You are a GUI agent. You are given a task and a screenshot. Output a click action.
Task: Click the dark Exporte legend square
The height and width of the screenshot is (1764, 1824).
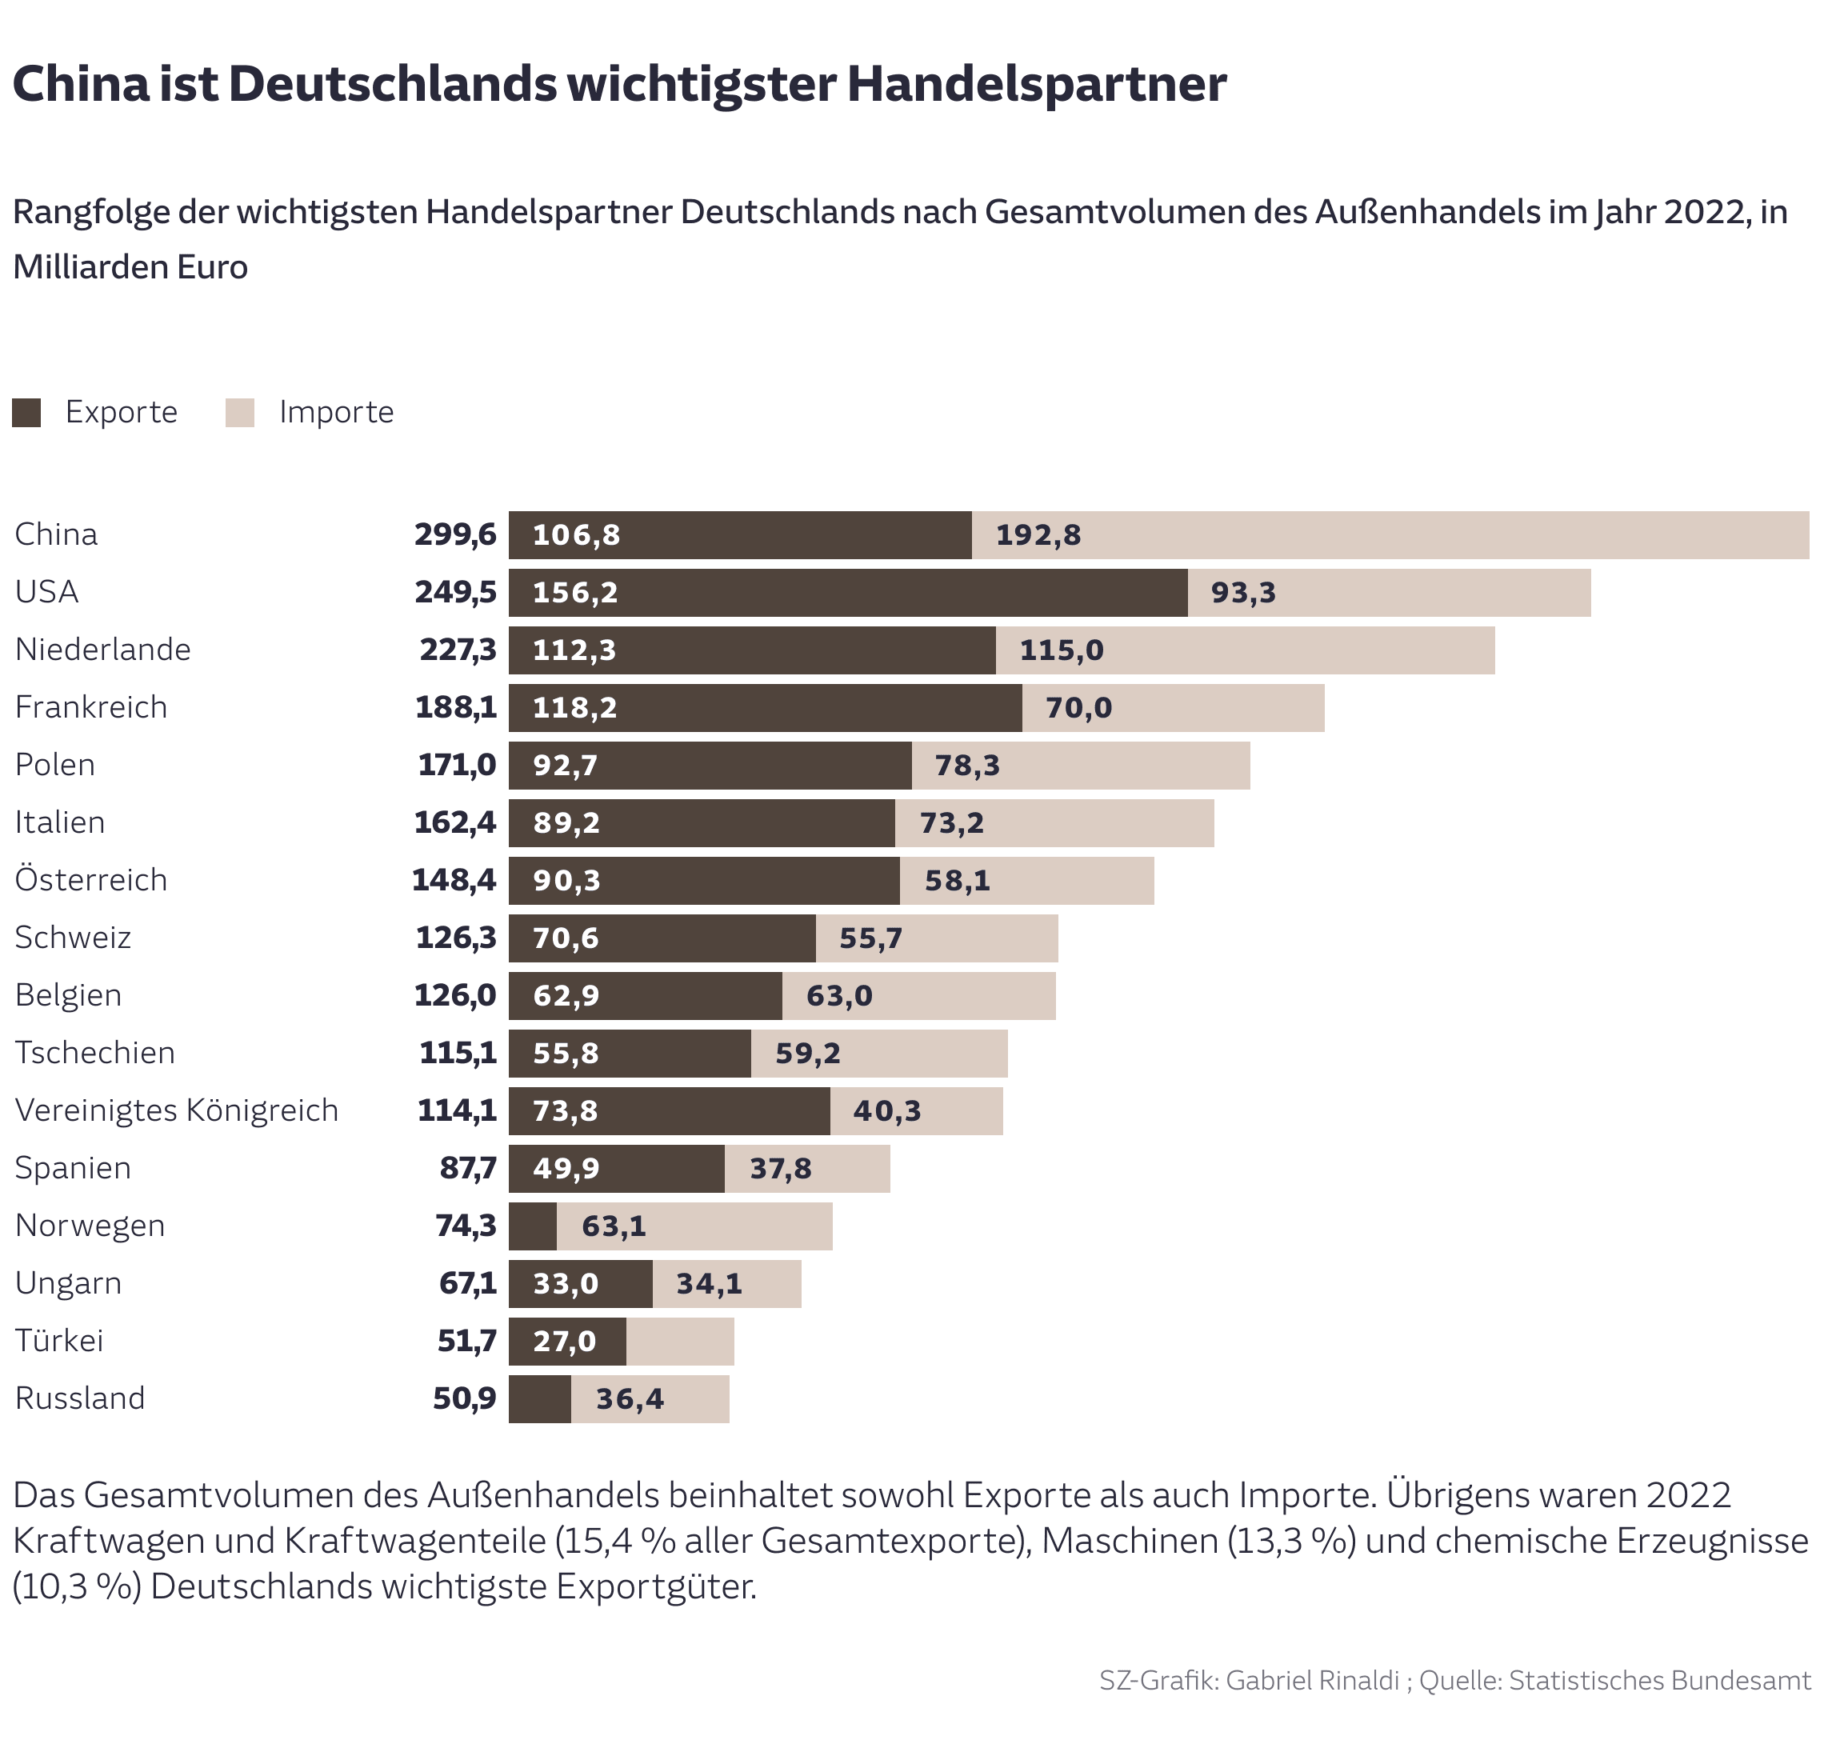26,412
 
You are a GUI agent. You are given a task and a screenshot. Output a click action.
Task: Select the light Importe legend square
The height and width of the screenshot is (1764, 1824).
240,412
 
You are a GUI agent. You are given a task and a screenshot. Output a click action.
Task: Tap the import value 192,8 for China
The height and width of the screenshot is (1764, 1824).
1038,535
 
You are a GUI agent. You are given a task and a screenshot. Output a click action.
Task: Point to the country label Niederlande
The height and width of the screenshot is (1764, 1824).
102,650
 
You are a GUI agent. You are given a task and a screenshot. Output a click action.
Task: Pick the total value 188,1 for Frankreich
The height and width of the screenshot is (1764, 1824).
455,707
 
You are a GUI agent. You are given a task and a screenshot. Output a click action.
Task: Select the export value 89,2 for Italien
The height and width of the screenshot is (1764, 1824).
566,822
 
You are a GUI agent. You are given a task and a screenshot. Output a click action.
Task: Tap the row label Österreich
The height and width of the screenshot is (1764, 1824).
91,879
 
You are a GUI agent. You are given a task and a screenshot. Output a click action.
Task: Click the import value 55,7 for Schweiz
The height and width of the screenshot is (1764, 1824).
870,938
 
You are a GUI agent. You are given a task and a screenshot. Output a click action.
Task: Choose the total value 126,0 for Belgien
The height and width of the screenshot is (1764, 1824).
455,995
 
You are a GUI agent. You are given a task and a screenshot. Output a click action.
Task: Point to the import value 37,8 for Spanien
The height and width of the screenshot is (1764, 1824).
780,1169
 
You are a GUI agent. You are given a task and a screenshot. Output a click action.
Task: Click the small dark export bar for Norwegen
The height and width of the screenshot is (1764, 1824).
532,1226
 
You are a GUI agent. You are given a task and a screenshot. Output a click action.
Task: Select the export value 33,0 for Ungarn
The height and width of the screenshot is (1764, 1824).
565,1284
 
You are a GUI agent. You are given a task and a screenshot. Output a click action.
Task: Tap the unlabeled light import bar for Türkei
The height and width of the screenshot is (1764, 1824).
679,1342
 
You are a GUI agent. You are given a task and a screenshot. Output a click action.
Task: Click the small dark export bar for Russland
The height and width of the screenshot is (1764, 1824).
540,1399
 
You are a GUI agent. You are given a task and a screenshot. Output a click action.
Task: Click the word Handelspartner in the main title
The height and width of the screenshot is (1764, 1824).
1036,84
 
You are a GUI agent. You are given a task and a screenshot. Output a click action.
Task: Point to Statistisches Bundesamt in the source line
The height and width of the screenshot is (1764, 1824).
1659,1680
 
